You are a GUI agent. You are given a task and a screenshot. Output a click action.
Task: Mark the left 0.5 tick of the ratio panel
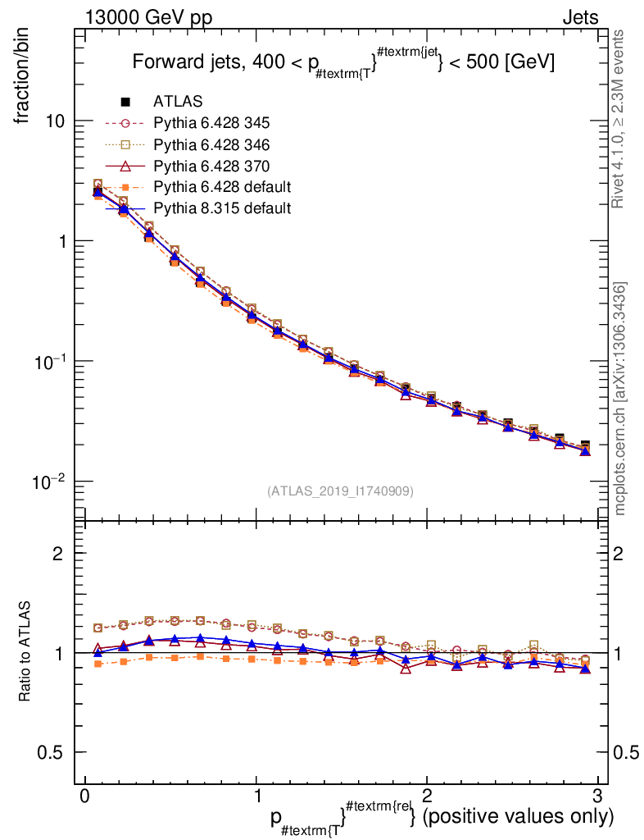click(x=52, y=752)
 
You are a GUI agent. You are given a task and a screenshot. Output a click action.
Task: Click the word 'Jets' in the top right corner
click(x=579, y=17)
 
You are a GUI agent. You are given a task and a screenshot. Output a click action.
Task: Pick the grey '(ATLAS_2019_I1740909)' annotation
click(x=340, y=491)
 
